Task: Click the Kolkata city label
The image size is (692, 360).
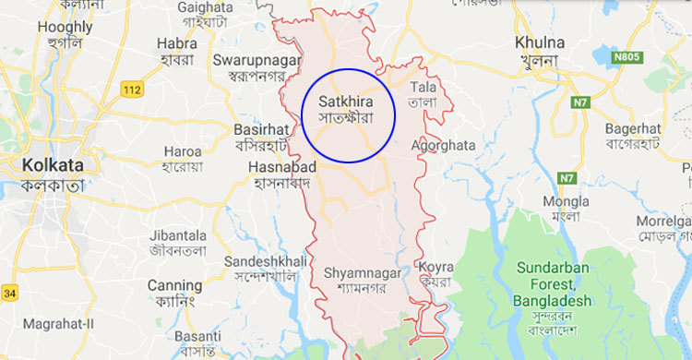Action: [50, 166]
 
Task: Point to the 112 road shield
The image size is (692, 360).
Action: [133, 89]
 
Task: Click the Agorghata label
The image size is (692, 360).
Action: [444, 146]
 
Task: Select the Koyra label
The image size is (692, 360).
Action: [436, 267]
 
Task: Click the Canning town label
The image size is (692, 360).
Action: [174, 285]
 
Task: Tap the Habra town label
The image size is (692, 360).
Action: [177, 42]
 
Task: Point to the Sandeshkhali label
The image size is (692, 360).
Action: [264, 262]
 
